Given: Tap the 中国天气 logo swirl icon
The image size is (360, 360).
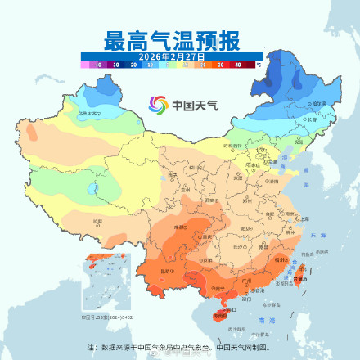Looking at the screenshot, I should (157, 106).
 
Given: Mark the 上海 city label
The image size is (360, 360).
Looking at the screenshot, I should (304, 219).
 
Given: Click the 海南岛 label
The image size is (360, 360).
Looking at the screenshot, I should (220, 315).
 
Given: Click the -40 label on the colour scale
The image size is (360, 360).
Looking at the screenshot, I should (98, 63).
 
